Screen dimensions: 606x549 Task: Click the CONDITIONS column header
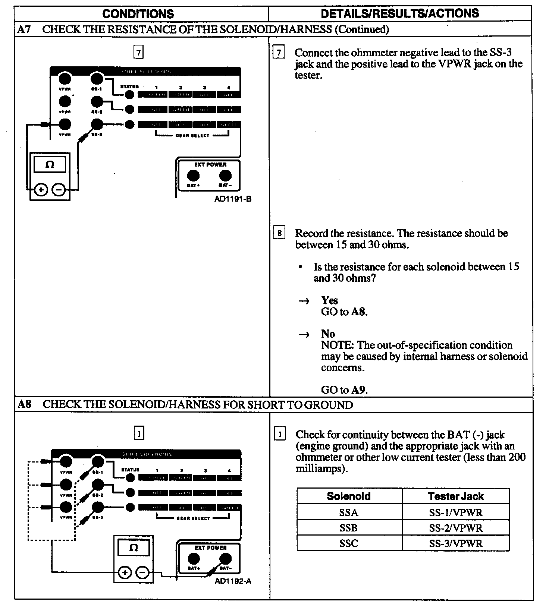(138, 14)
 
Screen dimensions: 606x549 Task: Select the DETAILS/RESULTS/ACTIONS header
(399, 13)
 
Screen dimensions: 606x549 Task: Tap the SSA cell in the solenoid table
(349, 512)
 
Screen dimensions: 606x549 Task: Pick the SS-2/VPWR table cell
(456, 528)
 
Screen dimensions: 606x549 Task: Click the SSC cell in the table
(349, 543)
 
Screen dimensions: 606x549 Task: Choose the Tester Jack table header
(456, 496)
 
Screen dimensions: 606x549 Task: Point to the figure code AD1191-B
(233, 199)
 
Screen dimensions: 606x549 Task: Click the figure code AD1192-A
(233, 581)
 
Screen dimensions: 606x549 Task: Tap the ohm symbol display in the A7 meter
(50, 165)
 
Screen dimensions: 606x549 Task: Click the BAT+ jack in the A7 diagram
(193, 176)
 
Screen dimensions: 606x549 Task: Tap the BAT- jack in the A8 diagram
(225, 559)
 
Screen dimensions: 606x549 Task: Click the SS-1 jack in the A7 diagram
(97, 79)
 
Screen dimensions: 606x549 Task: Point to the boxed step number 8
(279, 234)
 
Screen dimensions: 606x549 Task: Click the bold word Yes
(329, 300)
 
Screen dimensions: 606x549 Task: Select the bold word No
(328, 334)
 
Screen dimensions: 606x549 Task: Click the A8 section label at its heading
(24, 405)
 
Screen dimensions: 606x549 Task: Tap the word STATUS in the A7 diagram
(129, 87)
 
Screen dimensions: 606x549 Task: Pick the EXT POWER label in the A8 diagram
(211, 547)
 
